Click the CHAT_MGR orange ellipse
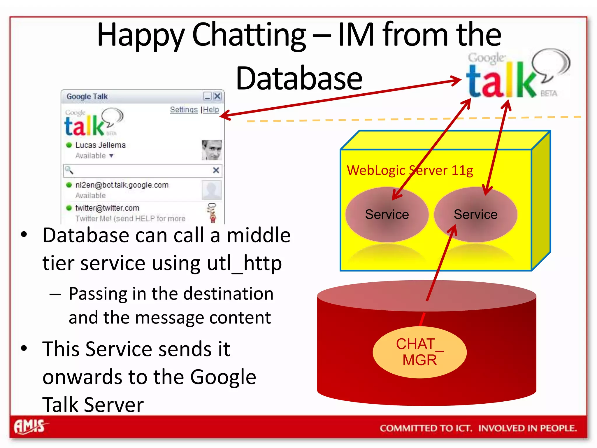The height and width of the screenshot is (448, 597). pyautogui.click(x=419, y=352)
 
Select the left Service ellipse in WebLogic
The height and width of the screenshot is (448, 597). pyautogui.click(x=387, y=214)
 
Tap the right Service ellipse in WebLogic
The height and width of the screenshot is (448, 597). pyautogui.click(x=475, y=214)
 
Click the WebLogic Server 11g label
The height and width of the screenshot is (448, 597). pyautogui.click(x=410, y=170)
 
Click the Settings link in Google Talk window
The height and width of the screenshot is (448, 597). pyautogui.click(x=184, y=110)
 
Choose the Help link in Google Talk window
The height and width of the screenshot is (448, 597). pyautogui.click(x=211, y=110)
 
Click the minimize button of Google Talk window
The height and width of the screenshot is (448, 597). pyautogui.click(x=207, y=96)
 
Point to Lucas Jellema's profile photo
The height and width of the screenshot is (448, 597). pyautogui.click(x=211, y=150)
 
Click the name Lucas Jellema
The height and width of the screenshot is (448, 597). pyautogui.click(x=100, y=145)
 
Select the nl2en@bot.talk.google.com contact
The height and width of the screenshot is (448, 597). pyautogui.click(x=122, y=185)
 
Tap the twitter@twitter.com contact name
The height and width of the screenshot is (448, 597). pyautogui.click(x=107, y=208)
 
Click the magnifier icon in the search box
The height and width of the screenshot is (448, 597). pyautogui.click(x=69, y=170)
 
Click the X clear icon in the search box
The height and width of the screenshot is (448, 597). pyautogui.click(x=216, y=170)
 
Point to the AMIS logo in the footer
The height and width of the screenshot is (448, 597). pyautogui.click(x=30, y=427)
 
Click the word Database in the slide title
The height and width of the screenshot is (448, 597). pyautogui.click(x=299, y=78)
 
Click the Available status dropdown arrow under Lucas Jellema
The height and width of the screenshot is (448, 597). pyautogui.click(x=111, y=156)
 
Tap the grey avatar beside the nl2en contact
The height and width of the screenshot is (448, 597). pyautogui.click(x=211, y=190)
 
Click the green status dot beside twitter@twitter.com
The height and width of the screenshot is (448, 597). pyautogui.click(x=69, y=208)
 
